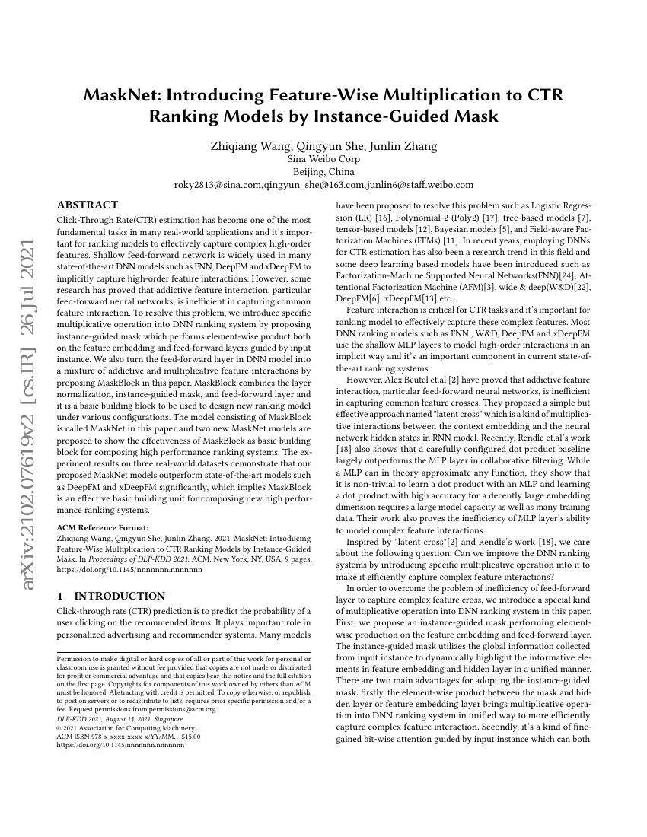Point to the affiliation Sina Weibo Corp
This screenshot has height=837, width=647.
[x=323, y=160]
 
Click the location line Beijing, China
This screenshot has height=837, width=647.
[x=323, y=172]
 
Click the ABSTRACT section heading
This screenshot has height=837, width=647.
[x=88, y=205]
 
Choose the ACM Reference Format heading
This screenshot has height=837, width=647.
[x=102, y=527]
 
